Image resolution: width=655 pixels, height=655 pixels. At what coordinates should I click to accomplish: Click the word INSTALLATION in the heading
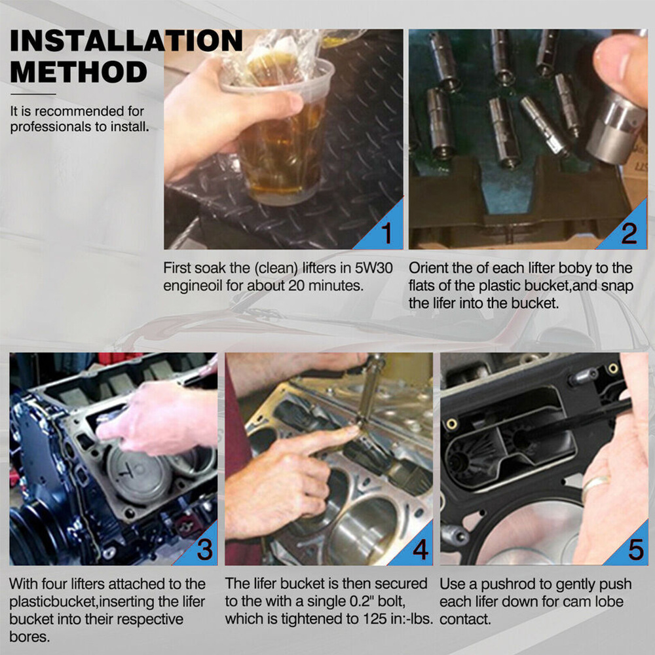pyautogui.click(x=126, y=41)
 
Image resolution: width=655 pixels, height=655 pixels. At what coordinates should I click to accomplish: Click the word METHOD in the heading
pyautogui.click(x=79, y=72)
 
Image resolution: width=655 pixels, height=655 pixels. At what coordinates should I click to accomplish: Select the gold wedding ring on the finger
pyautogui.click(x=595, y=485)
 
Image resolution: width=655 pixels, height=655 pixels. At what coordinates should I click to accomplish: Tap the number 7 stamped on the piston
pyautogui.click(x=124, y=472)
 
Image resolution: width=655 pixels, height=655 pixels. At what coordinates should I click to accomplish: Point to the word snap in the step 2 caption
pyautogui.click(x=617, y=286)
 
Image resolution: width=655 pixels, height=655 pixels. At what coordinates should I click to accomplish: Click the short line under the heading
pyautogui.click(x=33, y=94)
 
